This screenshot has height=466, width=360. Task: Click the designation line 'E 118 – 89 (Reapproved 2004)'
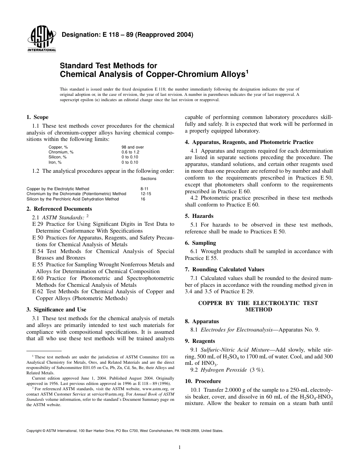[127, 35]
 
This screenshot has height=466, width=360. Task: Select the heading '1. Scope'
[37, 117]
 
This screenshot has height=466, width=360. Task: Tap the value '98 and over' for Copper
[133, 147]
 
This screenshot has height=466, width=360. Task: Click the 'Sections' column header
[148, 178]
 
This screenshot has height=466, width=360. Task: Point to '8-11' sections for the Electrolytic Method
[145, 189]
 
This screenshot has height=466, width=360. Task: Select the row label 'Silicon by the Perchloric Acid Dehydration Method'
[72, 199]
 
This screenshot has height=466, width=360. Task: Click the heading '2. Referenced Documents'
[59, 209]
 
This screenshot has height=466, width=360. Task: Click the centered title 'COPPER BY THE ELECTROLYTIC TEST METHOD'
[258, 306]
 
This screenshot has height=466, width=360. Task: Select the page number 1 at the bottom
[180, 447]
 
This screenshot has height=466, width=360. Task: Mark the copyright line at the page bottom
[125, 431]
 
